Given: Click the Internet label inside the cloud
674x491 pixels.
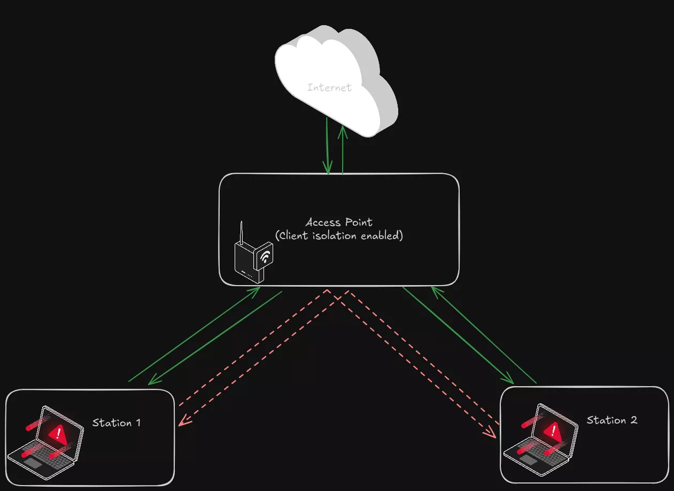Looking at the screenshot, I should [x=330, y=87].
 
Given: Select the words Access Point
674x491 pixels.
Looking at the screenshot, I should [x=339, y=222].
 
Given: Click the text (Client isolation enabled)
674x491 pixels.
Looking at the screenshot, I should [x=339, y=235].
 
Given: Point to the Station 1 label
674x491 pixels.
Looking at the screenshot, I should [x=117, y=423].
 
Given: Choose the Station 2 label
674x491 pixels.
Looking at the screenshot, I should [x=612, y=420].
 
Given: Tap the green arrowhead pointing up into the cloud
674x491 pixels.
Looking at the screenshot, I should [x=343, y=129].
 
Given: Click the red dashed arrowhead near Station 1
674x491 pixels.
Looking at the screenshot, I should [x=182, y=423].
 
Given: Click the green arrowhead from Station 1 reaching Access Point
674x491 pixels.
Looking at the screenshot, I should [x=257, y=289].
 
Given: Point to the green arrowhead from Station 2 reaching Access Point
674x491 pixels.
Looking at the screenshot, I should [x=434, y=289].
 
